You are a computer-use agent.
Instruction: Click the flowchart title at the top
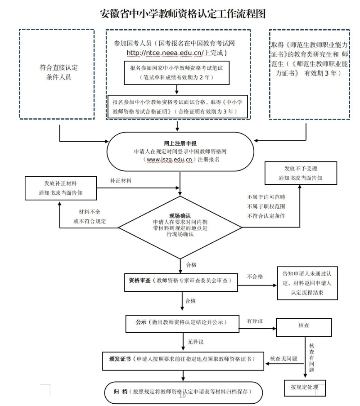pos(183,13)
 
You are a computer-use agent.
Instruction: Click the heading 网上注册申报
pos(180,143)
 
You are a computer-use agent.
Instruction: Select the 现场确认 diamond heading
pos(180,215)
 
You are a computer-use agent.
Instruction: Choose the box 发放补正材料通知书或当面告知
pos(61,188)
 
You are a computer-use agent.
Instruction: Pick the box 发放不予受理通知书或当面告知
pos(300,173)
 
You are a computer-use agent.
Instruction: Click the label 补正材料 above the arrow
pos(121,180)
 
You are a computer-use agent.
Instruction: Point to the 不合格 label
pos(255,277)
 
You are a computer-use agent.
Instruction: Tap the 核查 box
pos(304,325)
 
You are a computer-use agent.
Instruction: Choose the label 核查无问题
pos(283,359)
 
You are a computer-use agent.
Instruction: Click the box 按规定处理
pos(304,387)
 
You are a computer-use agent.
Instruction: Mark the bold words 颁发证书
pos(120,359)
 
